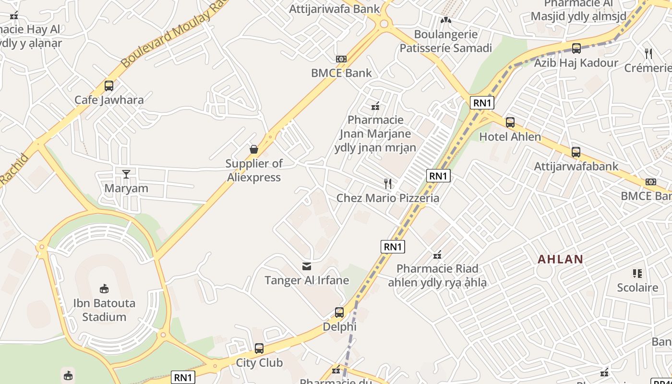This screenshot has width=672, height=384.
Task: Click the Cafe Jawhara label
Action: coord(109,100)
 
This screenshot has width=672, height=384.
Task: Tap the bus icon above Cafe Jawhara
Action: coord(109,86)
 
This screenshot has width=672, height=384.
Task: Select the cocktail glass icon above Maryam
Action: coord(126,174)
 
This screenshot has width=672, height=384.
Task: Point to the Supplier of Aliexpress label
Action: coord(254,170)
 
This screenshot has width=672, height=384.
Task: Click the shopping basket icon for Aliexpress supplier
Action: coord(254,149)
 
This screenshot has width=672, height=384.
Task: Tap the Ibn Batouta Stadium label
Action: coord(104,310)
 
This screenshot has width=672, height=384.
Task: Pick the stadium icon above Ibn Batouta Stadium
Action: coord(104,288)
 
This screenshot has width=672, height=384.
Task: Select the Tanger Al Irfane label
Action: coord(307,280)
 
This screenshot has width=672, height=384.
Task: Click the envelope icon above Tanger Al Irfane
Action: coord(307,266)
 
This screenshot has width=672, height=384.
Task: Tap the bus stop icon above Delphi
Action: coord(339,312)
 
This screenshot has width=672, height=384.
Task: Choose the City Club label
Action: coord(259,362)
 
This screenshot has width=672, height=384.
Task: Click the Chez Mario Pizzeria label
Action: coord(388,198)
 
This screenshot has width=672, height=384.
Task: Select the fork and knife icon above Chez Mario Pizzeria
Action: coord(388,183)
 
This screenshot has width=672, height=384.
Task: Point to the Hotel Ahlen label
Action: coord(510,137)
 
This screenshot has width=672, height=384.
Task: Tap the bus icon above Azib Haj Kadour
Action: coord(576,48)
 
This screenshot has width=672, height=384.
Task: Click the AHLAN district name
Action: coord(560,259)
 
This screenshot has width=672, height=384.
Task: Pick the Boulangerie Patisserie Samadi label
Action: coord(446,41)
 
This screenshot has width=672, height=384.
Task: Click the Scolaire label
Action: coord(637,288)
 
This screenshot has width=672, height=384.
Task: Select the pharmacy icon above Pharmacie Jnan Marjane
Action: coord(375,106)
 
